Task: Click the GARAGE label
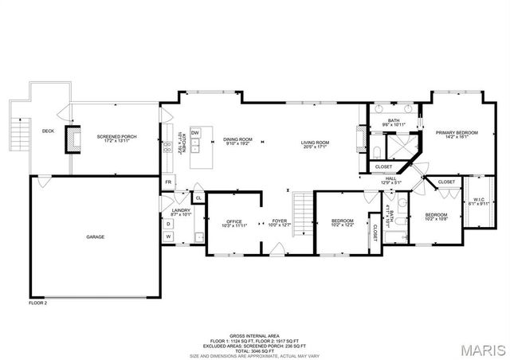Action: coord(96,237)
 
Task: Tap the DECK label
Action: coord(48,131)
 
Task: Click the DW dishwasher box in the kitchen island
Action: coord(194,132)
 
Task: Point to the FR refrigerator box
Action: coord(168,182)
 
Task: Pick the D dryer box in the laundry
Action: coord(168,224)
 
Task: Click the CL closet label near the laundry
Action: coord(198,198)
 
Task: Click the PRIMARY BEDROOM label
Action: coord(457,135)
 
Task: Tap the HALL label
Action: coord(390,180)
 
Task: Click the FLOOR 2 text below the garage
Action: coord(38,303)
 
